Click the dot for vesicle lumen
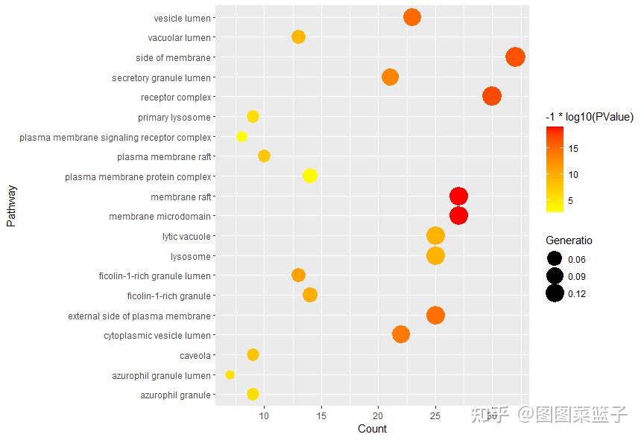(x=412, y=17)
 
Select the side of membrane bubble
(x=515, y=57)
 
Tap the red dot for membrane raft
(x=458, y=196)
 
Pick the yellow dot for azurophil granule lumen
(x=230, y=374)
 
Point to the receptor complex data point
(x=491, y=96)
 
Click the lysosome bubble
(x=435, y=255)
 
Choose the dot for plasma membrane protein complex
(x=310, y=176)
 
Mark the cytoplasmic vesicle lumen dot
(x=401, y=334)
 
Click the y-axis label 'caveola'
(x=195, y=355)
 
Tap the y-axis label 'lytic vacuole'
(x=186, y=237)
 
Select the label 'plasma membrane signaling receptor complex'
(x=116, y=137)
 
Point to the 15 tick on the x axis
(x=321, y=415)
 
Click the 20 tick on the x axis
(x=378, y=415)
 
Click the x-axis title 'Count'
(x=372, y=429)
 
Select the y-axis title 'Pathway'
(x=10, y=206)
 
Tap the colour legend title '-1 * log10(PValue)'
(x=589, y=117)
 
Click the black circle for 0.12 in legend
(x=555, y=293)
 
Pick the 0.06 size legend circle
(x=555, y=259)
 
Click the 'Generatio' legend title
(x=569, y=240)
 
